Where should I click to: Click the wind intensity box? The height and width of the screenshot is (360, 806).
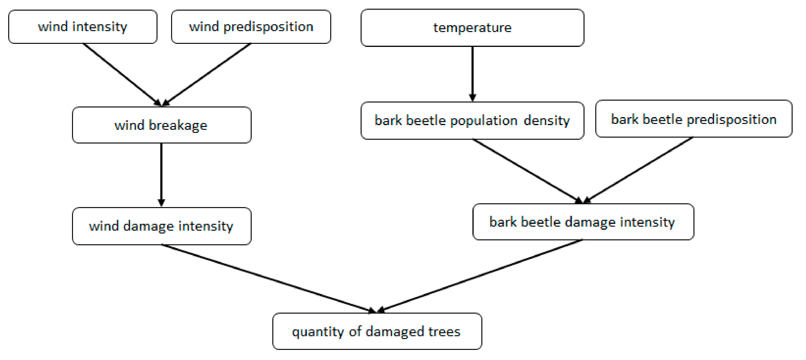(x=83, y=27)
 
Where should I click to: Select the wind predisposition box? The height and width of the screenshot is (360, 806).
(x=251, y=27)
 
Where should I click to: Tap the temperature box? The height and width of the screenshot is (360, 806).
(x=472, y=28)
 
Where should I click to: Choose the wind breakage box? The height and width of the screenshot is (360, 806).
(x=161, y=125)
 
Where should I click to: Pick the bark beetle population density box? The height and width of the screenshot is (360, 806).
(x=472, y=121)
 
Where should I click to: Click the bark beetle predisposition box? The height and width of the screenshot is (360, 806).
(x=694, y=119)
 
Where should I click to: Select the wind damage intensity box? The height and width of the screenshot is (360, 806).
(x=161, y=226)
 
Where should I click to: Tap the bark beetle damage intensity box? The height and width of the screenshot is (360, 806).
(x=583, y=222)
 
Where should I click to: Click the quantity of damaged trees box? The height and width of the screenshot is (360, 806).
(x=377, y=331)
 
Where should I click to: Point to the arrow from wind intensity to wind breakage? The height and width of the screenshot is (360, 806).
(x=122, y=74)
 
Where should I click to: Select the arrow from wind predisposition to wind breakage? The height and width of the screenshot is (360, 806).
(x=206, y=74)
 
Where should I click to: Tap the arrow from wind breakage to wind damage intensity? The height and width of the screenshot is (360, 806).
(x=161, y=175)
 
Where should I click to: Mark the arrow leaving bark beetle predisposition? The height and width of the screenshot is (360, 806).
(x=638, y=170)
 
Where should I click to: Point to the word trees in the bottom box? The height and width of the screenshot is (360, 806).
(x=444, y=331)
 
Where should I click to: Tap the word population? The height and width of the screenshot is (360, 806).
(x=484, y=121)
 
